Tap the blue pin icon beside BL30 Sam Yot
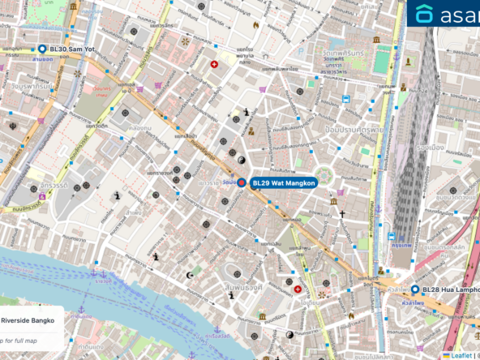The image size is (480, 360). point(42,49)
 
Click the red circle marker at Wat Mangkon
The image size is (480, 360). point(241,183)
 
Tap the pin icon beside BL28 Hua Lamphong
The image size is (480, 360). point(415,289)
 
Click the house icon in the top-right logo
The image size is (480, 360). point(425,14)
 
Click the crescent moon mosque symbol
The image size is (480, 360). point(191,275)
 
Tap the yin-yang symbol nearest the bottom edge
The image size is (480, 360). point(290,334)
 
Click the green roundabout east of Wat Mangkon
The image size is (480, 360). point(324,174)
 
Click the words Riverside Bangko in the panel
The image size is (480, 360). point(28,320)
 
